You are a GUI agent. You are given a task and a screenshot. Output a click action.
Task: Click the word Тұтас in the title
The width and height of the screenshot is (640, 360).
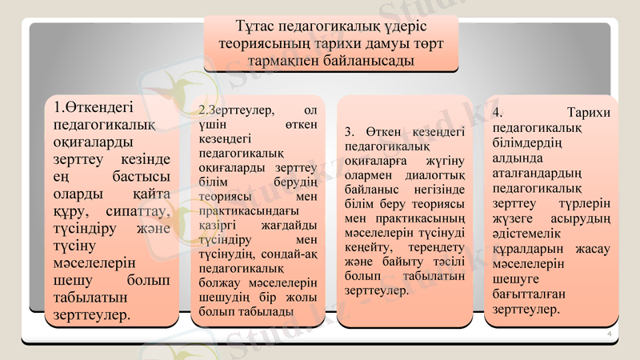click(256, 27)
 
